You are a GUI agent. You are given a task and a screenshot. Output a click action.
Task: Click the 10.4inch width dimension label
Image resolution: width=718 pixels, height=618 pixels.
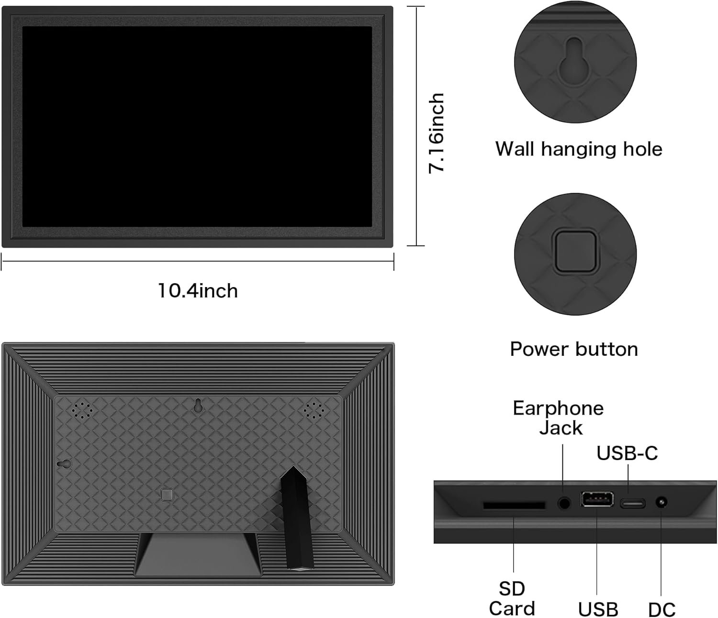pyautogui.click(x=198, y=291)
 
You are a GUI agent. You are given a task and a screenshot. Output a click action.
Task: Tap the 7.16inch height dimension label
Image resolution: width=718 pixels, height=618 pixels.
pyautogui.click(x=437, y=133)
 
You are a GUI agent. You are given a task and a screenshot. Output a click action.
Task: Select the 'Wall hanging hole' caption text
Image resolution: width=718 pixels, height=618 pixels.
pyautogui.click(x=579, y=149)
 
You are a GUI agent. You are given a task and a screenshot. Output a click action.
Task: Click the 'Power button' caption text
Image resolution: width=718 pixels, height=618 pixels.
pyautogui.click(x=574, y=349)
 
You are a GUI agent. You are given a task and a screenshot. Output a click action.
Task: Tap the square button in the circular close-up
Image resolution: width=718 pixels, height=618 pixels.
pyautogui.click(x=575, y=251)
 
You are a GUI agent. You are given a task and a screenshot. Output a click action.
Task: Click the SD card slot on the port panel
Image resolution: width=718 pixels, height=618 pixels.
pyautogui.click(x=514, y=505)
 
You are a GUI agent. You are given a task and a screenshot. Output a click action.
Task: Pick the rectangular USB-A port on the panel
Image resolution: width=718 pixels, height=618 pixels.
pyautogui.click(x=597, y=499)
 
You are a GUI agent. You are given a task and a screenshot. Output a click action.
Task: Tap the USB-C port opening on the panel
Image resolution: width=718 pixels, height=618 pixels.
pyautogui.click(x=633, y=503)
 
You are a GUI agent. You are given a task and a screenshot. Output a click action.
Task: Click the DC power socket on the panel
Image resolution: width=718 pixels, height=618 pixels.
pyautogui.click(x=662, y=503)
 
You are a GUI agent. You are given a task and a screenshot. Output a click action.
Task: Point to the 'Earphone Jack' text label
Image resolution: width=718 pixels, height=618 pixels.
pyautogui.click(x=559, y=418)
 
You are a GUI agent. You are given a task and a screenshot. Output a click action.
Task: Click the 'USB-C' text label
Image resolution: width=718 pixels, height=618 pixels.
pyautogui.click(x=627, y=453)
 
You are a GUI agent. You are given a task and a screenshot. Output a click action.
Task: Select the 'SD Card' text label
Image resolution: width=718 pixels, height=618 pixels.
pyautogui.click(x=512, y=599)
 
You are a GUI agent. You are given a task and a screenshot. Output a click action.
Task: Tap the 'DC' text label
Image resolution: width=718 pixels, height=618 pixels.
pyautogui.click(x=662, y=610)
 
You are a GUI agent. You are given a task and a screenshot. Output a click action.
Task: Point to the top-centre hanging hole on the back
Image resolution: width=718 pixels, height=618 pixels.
pyautogui.click(x=197, y=406)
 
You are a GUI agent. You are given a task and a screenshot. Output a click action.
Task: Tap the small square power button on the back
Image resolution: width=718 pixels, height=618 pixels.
pyautogui.click(x=167, y=494)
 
